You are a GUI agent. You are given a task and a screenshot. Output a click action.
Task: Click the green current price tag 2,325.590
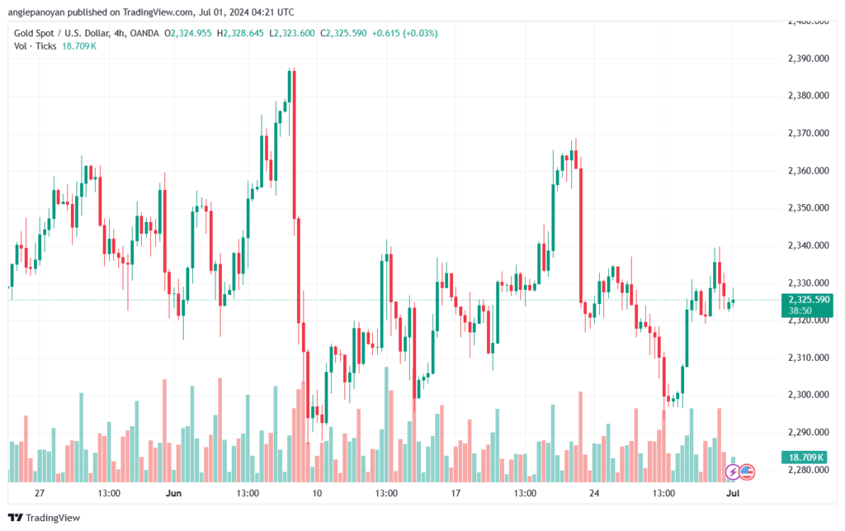tap(808, 299)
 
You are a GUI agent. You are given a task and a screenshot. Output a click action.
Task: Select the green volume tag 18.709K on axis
tap(807, 457)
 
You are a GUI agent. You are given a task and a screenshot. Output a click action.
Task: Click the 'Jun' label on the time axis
tap(173, 493)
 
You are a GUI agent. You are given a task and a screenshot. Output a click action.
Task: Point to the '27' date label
tap(39, 493)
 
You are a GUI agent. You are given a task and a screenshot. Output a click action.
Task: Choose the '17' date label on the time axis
tap(455, 493)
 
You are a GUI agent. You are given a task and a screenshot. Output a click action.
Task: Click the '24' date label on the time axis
tap(594, 493)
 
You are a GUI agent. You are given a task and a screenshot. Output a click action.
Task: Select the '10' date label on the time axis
tap(316, 493)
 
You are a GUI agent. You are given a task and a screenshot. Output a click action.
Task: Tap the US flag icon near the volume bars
tap(747, 472)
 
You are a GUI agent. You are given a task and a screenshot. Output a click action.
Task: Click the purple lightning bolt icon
tap(733, 472)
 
